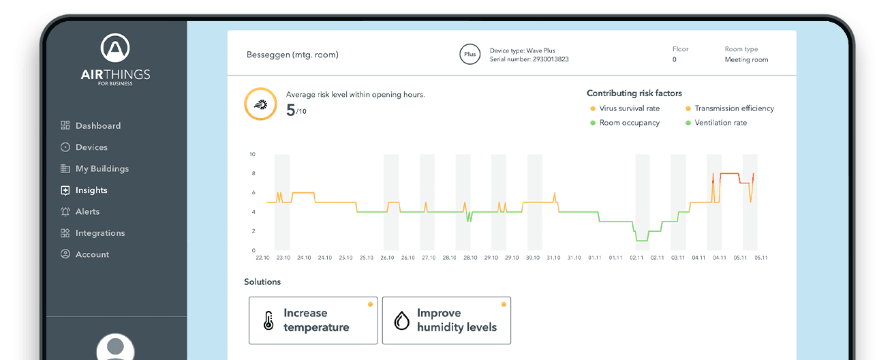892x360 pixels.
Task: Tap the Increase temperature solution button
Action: pos(313,320)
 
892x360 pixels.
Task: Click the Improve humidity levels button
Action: pos(446,320)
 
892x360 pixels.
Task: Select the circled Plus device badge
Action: pos(470,55)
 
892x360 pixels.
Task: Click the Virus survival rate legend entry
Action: pos(624,108)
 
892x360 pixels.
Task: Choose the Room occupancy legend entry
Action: pos(624,123)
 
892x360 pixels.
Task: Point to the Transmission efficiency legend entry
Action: pos(729,108)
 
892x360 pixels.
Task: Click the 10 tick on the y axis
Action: pos(251,154)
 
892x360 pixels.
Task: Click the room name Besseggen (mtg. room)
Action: pos(292,55)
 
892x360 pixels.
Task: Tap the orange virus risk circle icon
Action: pos(260,104)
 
